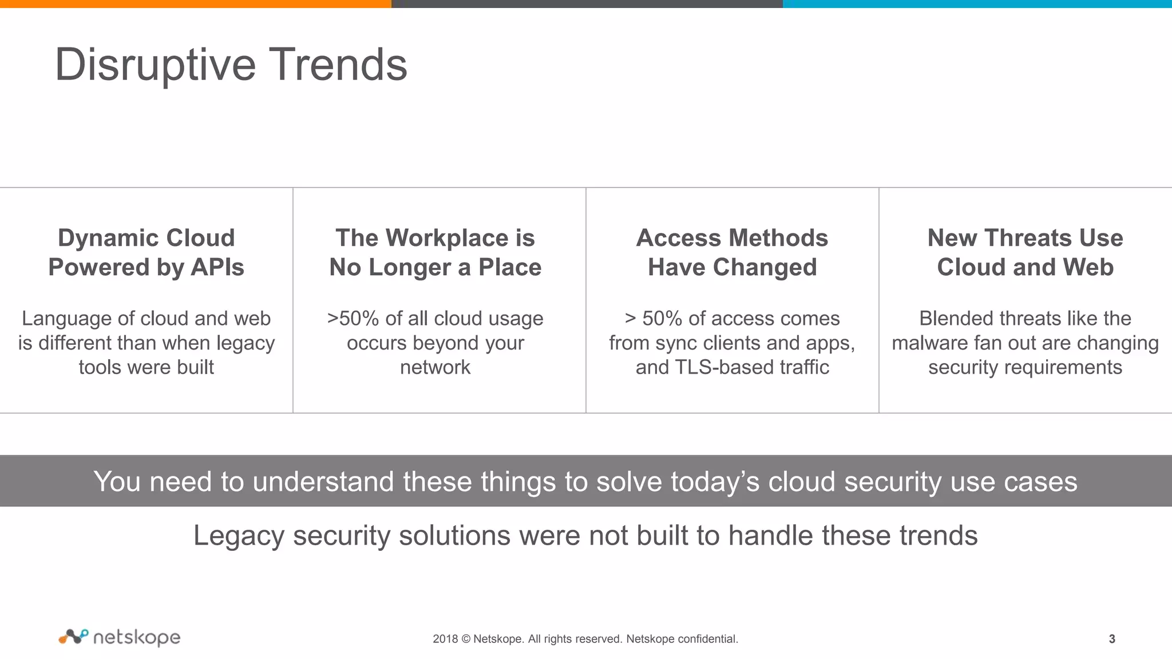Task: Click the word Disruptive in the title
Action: click(x=155, y=65)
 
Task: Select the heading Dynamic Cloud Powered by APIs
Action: click(x=146, y=252)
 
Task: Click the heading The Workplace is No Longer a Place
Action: click(x=435, y=252)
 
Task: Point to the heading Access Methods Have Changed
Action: click(x=732, y=252)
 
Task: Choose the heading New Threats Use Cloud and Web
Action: click(x=1025, y=252)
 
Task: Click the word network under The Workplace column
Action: click(x=435, y=367)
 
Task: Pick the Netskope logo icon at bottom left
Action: click(x=73, y=636)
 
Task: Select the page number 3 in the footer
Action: click(x=1112, y=639)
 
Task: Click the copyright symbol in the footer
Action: click(x=465, y=639)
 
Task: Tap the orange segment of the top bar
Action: click(x=195, y=3)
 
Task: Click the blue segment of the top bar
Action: click(x=977, y=3)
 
